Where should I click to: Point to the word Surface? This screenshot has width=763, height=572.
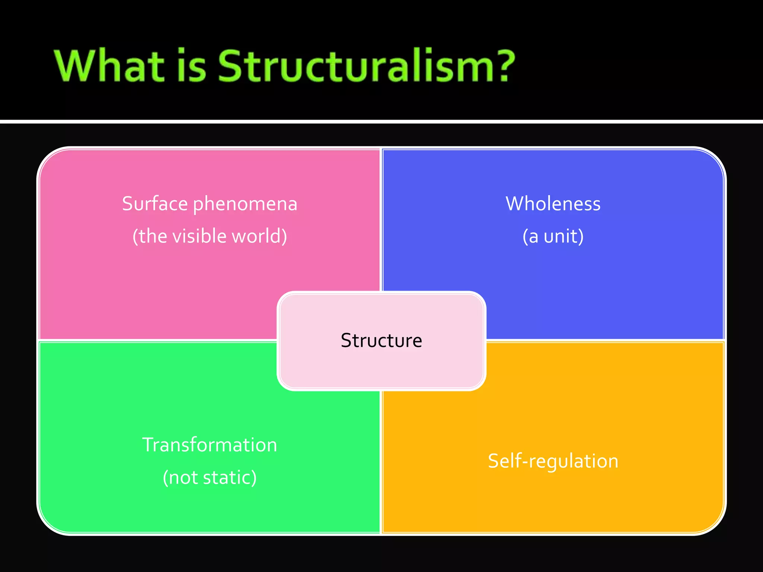(x=155, y=204)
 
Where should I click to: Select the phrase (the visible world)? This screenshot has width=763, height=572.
(x=210, y=236)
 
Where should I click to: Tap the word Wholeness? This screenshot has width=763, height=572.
(x=553, y=204)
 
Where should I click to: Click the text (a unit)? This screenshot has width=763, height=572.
(x=553, y=236)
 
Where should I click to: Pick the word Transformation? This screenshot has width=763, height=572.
(x=210, y=445)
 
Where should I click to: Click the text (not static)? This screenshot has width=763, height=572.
(x=210, y=477)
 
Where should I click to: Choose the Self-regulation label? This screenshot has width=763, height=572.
(x=553, y=461)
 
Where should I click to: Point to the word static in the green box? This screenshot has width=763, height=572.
(x=229, y=477)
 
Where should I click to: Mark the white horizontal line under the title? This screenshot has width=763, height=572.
(x=381, y=121)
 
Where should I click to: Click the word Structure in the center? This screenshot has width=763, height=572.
(x=381, y=340)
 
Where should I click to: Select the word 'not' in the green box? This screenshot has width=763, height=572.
(x=183, y=477)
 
